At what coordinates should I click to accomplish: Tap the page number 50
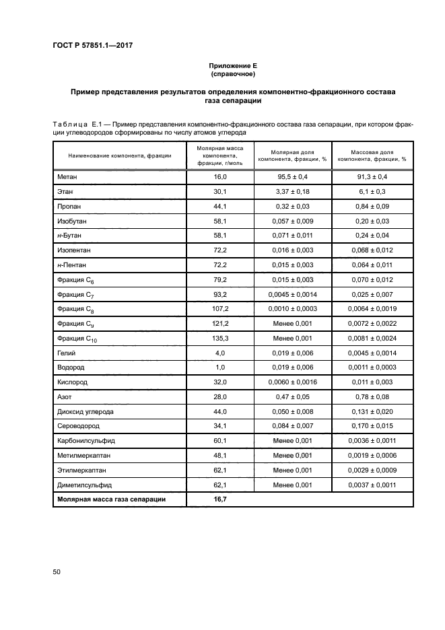[57, 571]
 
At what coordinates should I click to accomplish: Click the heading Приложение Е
[232, 65]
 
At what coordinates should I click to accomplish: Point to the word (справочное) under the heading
[232, 73]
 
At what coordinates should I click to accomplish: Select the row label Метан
[68, 176]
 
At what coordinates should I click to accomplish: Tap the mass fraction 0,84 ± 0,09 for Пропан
[372, 207]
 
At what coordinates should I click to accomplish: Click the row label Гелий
[68, 353]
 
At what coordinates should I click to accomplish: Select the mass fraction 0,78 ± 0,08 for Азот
[372, 397]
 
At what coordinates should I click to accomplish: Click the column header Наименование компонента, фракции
[119, 155]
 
